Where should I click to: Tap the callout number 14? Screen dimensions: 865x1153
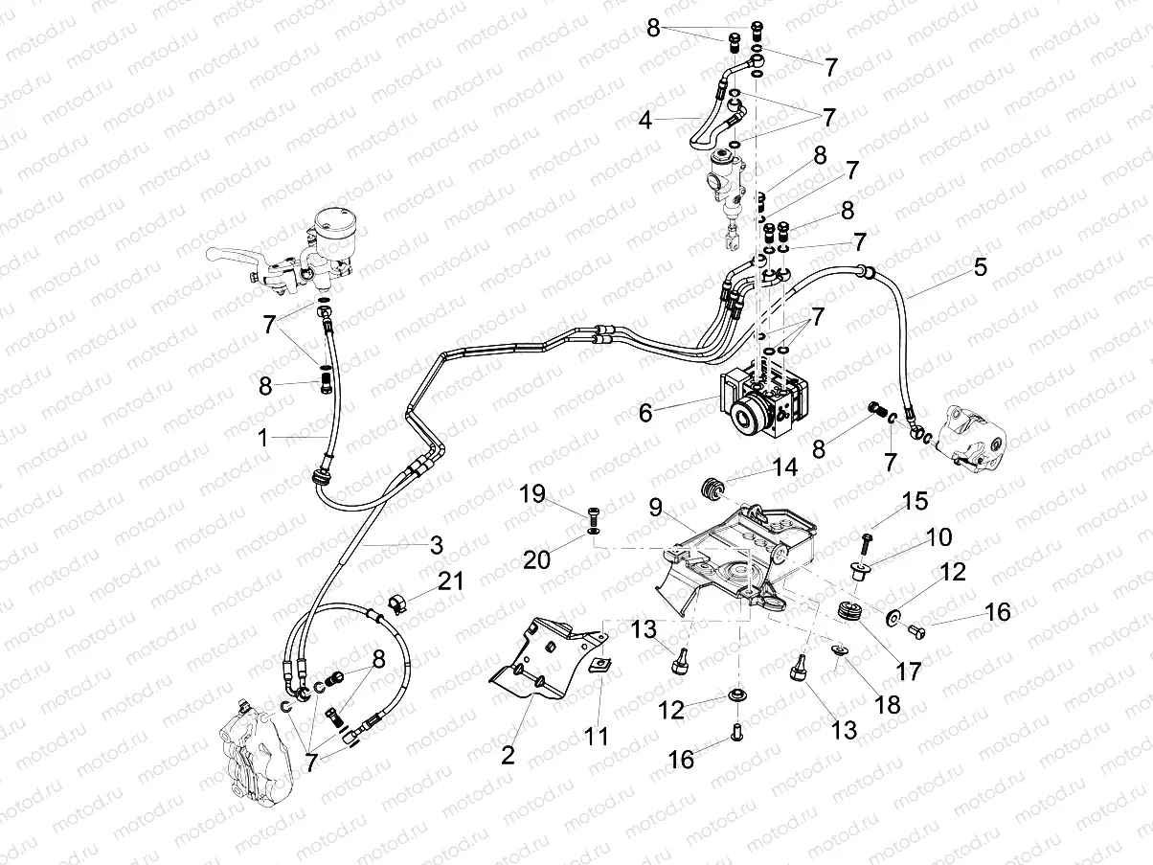point(784,468)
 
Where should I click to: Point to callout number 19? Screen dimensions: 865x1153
point(532,494)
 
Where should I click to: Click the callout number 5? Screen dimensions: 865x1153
point(979,267)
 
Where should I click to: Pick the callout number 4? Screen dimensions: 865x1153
point(647,121)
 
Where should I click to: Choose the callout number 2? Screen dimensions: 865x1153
point(508,754)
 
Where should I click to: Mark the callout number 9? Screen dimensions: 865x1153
point(655,508)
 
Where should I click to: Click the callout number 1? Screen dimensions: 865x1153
point(262,438)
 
